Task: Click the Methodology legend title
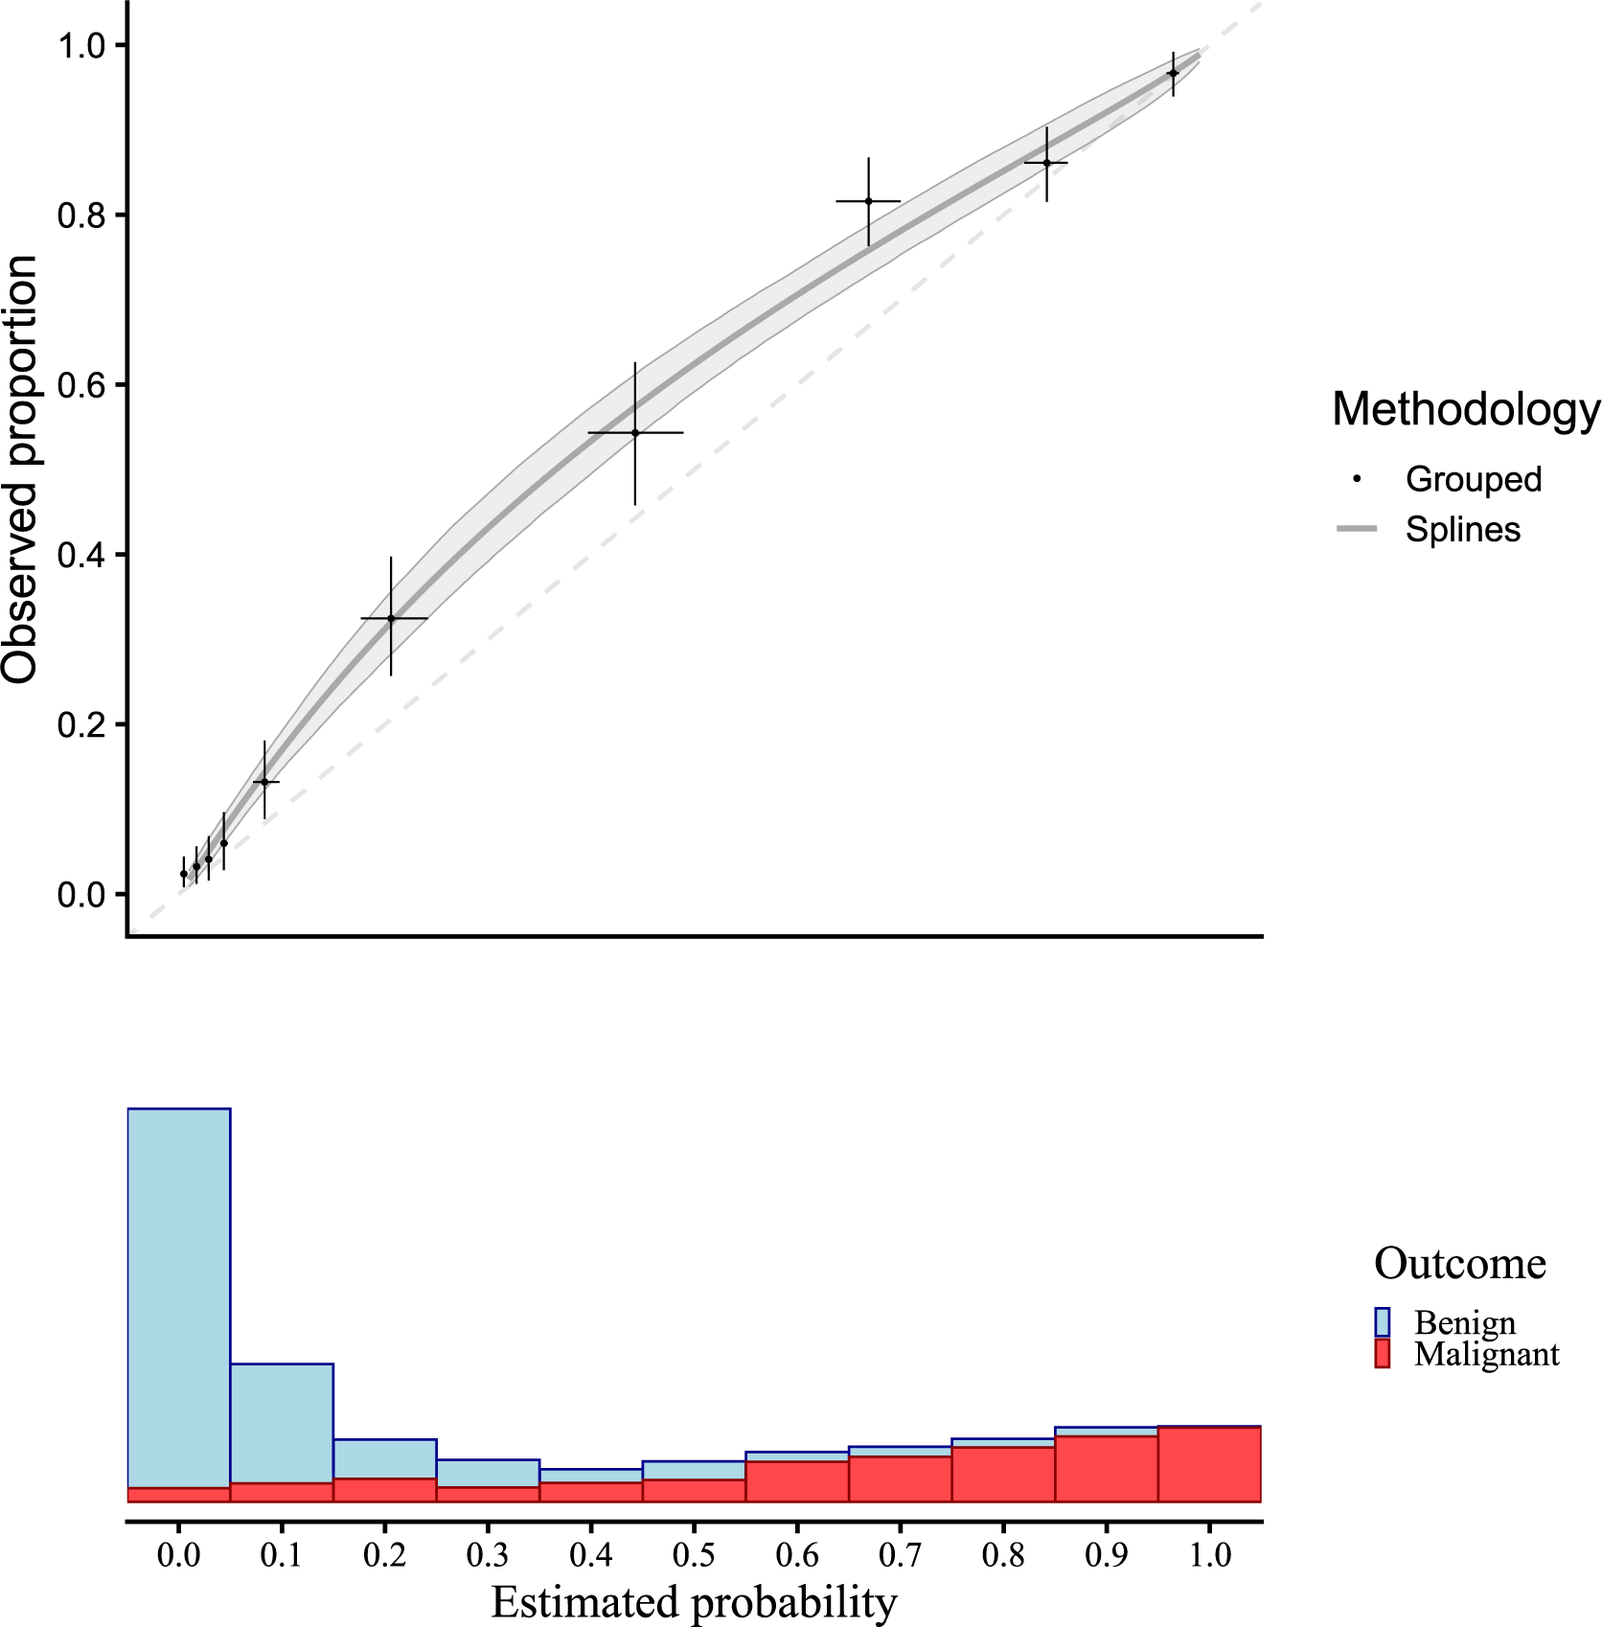click(1465, 409)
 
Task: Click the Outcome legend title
click(1459, 1264)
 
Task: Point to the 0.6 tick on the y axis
click(81, 385)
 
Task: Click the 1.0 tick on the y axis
click(81, 45)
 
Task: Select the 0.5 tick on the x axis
click(694, 1554)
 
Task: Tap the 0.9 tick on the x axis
click(1107, 1554)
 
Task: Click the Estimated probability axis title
click(694, 1601)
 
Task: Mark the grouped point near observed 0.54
click(635, 433)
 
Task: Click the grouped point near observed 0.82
click(868, 201)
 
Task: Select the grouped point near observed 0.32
click(391, 619)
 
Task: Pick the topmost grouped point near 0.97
click(1173, 73)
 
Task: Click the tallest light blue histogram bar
click(179, 1294)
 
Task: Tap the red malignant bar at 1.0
click(1209, 1464)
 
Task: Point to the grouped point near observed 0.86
click(1046, 163)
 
